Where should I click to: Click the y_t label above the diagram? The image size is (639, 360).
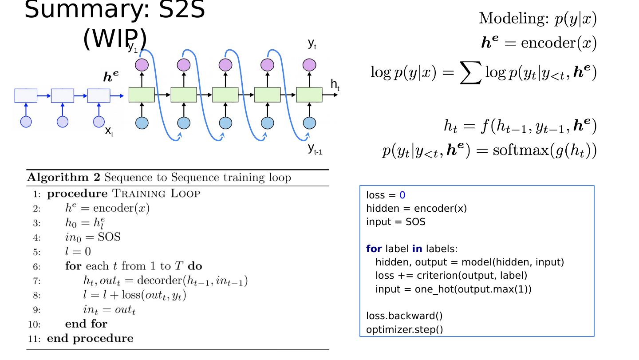point(312,44)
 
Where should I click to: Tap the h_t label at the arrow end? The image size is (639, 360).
point(335,85)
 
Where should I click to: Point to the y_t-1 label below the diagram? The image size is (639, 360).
point(315,149)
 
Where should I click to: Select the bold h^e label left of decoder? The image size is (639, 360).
point(111,76)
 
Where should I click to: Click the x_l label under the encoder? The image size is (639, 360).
point(109,131)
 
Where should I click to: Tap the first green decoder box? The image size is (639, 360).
point(142,95)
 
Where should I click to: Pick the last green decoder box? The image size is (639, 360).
point(309,95)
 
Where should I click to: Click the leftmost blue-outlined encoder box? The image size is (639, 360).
point(26,95)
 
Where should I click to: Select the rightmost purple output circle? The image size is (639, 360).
point(309,65)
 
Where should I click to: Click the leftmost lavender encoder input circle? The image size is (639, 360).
point(26,122)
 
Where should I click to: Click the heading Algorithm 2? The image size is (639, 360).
point(63,178)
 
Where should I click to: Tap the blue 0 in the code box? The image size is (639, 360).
point(402,195)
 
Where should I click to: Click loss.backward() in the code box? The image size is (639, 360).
point(404,316)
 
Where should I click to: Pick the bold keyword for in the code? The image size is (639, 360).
point(374,249)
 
